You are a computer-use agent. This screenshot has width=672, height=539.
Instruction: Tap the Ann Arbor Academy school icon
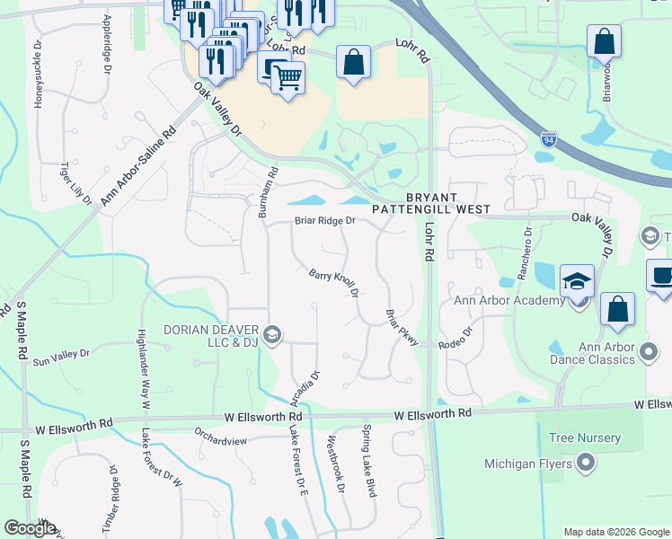coord(577,281)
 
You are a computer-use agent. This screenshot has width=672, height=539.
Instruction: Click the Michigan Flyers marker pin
coord(587,464)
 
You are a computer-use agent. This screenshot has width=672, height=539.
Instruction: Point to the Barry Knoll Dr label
coord(334,283)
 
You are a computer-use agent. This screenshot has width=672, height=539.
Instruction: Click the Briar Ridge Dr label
coord(325,220)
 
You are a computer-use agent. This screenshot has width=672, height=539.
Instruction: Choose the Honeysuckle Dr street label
coord(38,75)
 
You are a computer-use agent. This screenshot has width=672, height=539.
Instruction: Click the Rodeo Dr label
coord(455,345)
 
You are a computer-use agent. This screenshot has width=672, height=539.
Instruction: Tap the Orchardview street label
coord(220,430)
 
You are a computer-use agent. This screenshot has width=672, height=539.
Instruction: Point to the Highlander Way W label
coord(142,363)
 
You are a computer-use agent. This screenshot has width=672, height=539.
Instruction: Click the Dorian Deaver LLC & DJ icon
coord(273,336)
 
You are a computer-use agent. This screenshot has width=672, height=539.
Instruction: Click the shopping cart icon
coord(287,78)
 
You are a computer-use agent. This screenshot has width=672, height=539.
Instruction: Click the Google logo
coord(30,528)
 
